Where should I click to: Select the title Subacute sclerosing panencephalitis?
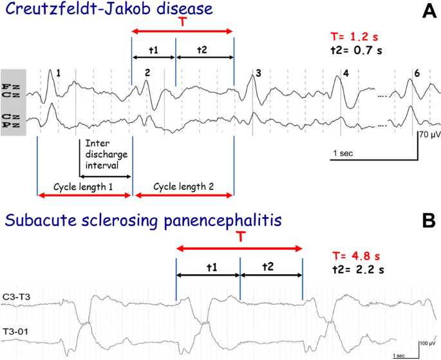(143, 222)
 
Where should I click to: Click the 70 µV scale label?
(430, 135)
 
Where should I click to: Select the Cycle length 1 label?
(84, 186)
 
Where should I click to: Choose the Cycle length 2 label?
(183, 186)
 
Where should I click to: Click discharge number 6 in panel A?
(417, 73)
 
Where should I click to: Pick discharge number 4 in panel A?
(346, 73)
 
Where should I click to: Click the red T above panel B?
(239, 238)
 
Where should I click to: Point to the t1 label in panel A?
(153, 49)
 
